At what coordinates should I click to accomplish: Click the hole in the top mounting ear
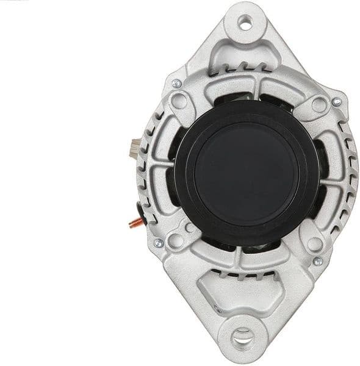(x=247, y=24)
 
